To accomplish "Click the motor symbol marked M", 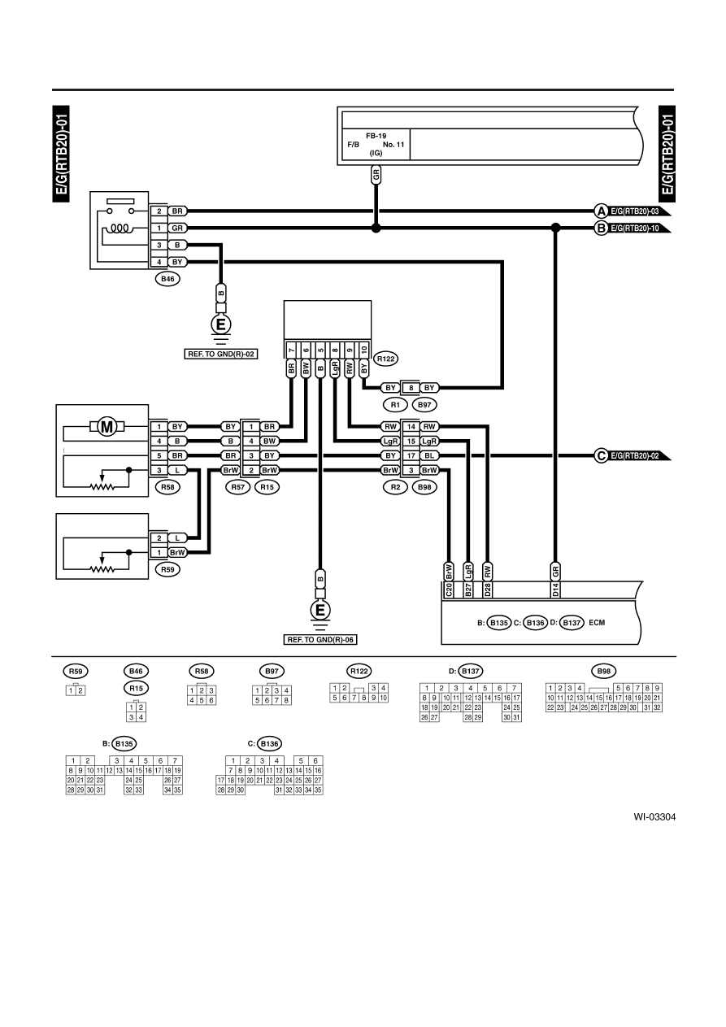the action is click(107, 427).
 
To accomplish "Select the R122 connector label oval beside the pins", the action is click(385, 359).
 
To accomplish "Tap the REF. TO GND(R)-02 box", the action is click(221, 354).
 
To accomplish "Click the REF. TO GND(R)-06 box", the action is click(320, 640).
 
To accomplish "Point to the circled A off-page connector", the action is click(601, 211).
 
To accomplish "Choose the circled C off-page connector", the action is click(601, 456).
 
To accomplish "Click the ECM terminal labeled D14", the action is click(555, 590).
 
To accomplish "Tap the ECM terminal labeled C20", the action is click(449, 590).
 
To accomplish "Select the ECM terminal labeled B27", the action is click(468, 590).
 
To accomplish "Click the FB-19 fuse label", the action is click(376, 136).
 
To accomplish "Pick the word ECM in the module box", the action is click(597, 623).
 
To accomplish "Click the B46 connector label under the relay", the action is click(167, 279).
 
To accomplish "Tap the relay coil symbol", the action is click(120, 228).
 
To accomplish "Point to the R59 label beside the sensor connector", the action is click(167, 569).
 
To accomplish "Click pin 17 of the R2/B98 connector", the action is click(411, 455).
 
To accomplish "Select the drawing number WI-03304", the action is click(654, 816).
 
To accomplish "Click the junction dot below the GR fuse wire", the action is click(376, 228).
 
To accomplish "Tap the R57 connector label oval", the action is click(238, 487).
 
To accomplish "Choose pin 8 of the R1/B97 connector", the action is click(411, 388).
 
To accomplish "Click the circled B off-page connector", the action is click(601, 228).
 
